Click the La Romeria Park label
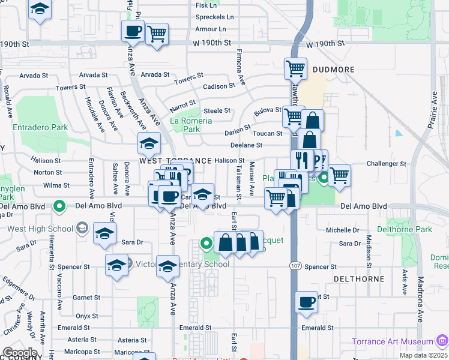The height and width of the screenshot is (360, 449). coord(191,125)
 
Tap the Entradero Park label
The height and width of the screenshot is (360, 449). coord(40,128)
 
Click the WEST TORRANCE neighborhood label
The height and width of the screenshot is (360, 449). coord(176,161)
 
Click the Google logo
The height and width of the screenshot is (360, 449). coord(19,352)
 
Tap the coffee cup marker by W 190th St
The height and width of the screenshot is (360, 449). coord(133,31)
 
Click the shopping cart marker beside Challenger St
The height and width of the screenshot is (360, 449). coord(339,175)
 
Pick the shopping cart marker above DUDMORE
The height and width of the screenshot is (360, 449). coord(295,69)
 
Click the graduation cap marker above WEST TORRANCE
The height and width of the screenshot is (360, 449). coord(149,143)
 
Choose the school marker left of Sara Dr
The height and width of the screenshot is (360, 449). coord(104,234)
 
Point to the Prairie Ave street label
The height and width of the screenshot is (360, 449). coord(432,107)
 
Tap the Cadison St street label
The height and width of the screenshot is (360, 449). coord(218,86)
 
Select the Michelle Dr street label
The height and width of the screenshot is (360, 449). coord(342,230)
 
